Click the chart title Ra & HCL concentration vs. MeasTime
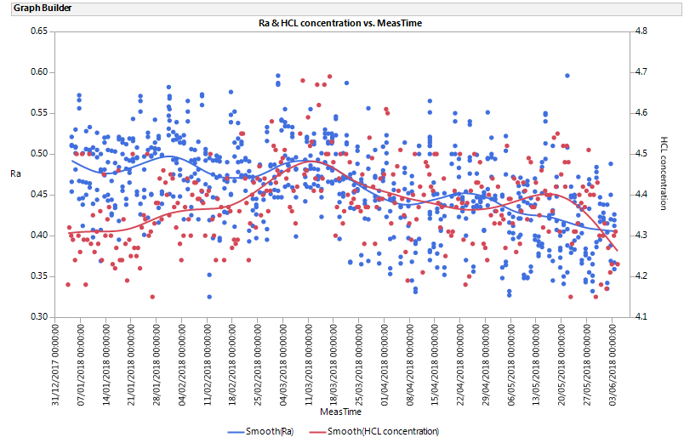point(340,23)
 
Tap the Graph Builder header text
point(37,9)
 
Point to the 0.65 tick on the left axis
point(39,31)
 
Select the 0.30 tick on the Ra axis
point(39,317)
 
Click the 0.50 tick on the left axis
point(39,154)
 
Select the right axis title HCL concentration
point(664,174)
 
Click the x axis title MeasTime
point(340,412)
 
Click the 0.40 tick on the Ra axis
point(39,236)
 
